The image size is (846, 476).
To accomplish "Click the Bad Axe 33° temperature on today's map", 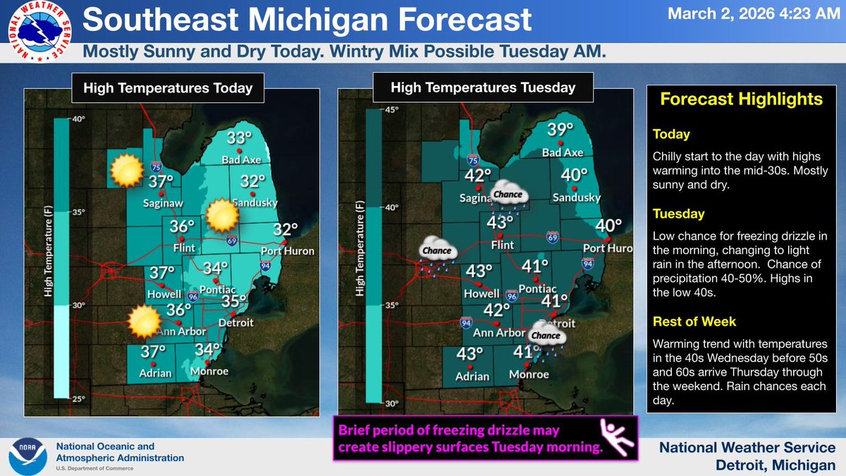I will click(x=240, y=138).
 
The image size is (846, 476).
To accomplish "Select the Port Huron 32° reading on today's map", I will click(x=286, y=230).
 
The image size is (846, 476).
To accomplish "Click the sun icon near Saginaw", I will click(x=127, y=170).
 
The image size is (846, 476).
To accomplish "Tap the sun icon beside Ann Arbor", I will click(x=144, y=322).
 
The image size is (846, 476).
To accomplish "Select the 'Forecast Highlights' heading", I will click(x=741, y=99).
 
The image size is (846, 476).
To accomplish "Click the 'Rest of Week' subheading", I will click(x=694, y=322).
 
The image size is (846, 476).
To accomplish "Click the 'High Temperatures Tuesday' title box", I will click(x=483, y=88).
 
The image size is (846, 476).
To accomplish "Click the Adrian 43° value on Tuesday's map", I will click(x=470, y=355).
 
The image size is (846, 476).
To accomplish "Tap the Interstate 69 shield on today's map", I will click(x=232, y=241).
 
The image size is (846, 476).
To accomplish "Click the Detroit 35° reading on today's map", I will click(x=233, y=302).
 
